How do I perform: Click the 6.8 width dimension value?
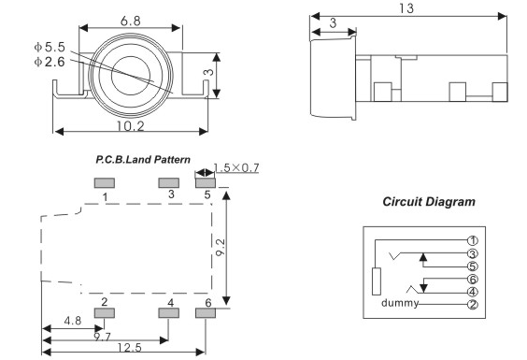tap(131, 22)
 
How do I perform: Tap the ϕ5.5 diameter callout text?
tap(50, 47)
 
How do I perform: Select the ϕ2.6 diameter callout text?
tap(50, 62)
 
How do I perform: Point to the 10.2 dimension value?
tap(131, 126)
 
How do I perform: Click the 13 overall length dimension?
tap(406, 8)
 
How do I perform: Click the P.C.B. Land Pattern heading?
tap(143, 160)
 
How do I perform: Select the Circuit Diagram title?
tap(429, 202)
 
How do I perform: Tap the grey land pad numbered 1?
tap(105, 183)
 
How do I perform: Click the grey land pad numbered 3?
tap(169, 183)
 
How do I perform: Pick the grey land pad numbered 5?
tap(206, 183)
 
